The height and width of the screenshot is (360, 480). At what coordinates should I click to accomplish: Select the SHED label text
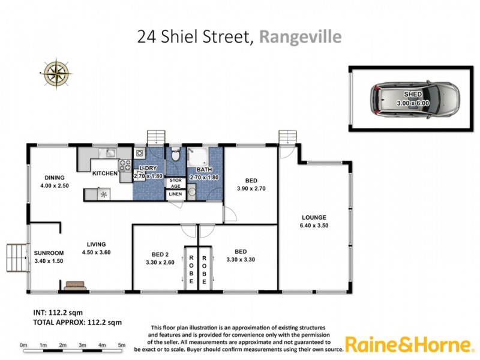tap(413, 95)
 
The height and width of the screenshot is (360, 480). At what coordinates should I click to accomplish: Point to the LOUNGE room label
tap(314, 217)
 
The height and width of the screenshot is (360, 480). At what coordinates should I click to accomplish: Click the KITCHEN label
tap(104, 173)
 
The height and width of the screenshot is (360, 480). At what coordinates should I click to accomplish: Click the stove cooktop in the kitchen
tap(125, 165)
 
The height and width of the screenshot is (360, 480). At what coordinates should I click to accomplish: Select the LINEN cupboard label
tap(175, 194)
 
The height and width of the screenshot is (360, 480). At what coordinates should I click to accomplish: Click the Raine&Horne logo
tap(409, 344)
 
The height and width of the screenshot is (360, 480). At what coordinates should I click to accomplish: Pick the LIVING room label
tap(96, 244)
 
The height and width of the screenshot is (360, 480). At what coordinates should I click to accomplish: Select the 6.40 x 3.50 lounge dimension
tap(314, 226)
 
